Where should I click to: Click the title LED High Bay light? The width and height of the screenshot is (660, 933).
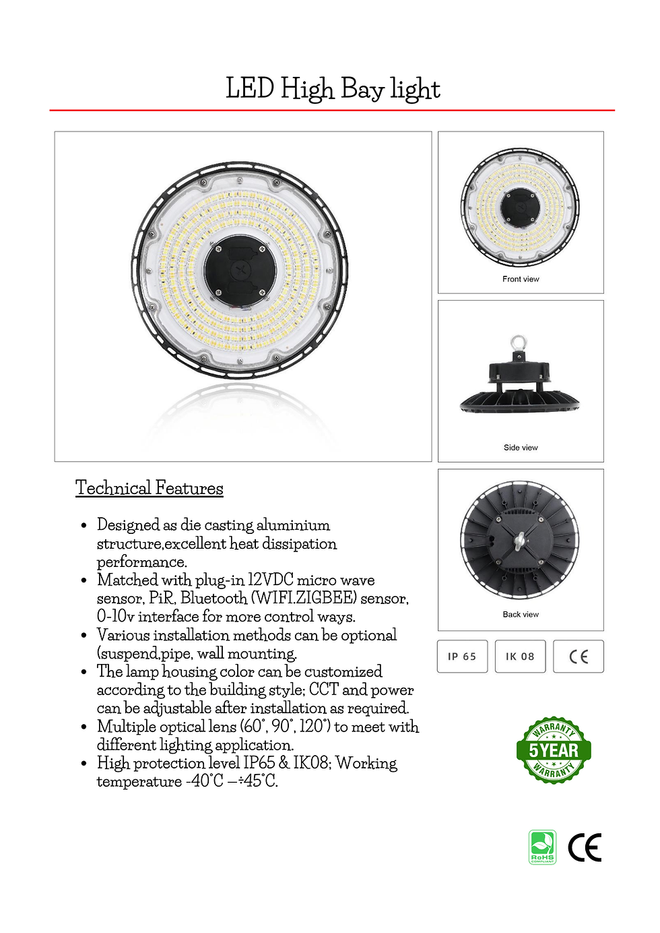tap(333, 89)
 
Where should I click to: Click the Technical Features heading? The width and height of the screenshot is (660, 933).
tap(149, 487)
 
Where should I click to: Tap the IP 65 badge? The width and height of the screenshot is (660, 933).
tap(462, 656)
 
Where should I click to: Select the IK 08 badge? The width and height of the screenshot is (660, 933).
tap(520, 656)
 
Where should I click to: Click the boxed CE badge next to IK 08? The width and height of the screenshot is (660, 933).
tap(579, 657)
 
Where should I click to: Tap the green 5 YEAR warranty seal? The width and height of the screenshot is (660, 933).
tap(554, 750)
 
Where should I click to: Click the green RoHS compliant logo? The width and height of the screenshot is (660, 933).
tap(542, 847)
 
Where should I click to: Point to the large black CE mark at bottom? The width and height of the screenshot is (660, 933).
tap(585, 847)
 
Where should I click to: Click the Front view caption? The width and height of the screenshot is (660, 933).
tap(521, 279)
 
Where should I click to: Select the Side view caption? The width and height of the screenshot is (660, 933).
tap(521, 448)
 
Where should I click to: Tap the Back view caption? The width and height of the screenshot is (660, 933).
tap(521, 614)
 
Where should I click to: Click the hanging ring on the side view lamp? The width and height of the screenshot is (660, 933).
tap(517, 342)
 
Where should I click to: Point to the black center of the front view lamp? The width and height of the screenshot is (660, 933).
tap(521, 206)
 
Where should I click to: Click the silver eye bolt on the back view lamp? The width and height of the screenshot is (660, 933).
tap(521, 541)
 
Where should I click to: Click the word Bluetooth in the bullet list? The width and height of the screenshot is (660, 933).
tap(213, 598)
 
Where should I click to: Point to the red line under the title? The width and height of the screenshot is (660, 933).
tap(332, 110)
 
